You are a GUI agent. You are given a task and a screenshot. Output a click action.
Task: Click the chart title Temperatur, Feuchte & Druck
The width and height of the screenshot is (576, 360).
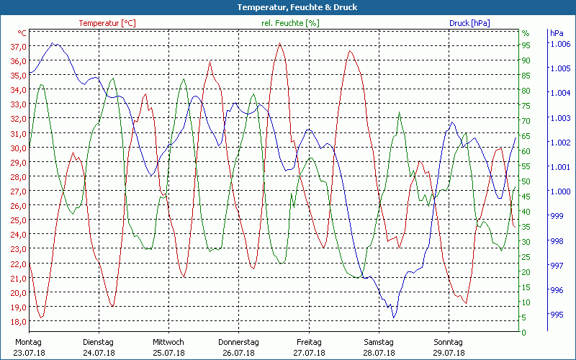tap(287, 7)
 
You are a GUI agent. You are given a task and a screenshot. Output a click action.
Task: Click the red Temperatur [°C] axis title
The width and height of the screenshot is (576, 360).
tap(107, 23)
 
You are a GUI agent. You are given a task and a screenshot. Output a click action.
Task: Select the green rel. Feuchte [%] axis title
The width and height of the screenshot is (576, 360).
tap(290, 23)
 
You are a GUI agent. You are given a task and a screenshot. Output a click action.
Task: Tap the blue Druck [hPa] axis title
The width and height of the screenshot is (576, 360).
tap(469, 23)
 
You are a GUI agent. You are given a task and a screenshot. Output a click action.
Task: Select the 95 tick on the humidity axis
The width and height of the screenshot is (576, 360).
tap(526, 45)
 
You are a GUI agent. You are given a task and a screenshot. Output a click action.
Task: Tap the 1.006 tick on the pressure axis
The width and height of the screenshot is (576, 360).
tap(560, 44)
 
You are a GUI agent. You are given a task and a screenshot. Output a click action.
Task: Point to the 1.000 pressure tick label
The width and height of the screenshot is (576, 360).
tap(560, 192)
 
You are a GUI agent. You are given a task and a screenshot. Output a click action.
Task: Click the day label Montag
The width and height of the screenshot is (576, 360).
tap(28, 342)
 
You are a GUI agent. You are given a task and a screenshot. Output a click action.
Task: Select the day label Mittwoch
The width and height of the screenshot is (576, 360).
tap(168, 342)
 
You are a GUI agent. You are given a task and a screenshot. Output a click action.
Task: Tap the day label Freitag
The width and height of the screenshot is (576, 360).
tap(308, 342)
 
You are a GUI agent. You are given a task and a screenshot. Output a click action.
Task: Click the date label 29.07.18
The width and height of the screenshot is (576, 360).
tap(449, 353)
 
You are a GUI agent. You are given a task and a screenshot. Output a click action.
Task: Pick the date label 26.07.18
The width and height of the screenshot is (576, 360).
tap(238, 353)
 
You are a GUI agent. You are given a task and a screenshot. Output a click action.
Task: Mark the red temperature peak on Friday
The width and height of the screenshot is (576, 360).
tap(280, 43)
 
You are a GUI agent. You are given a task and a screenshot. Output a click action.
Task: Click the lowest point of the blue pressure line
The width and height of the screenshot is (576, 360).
tap(394, 317)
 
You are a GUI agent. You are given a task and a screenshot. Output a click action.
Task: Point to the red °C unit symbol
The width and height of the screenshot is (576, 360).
tap(22, 33)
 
